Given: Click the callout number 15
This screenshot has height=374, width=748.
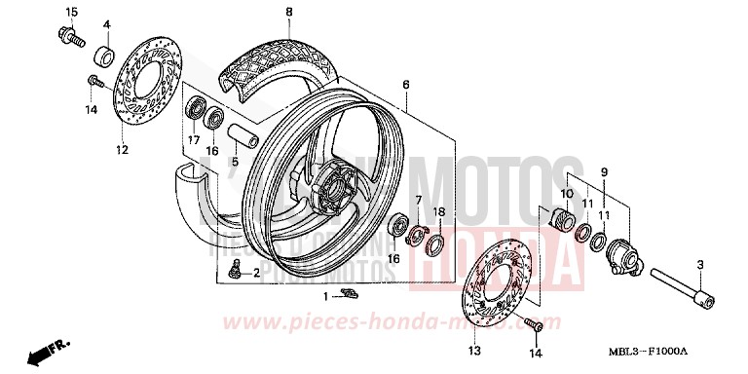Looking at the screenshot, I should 70,11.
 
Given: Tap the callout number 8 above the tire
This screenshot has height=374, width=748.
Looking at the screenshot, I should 288,12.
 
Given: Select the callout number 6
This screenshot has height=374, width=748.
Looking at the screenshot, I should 405,85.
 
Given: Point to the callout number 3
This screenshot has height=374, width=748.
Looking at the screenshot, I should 700,265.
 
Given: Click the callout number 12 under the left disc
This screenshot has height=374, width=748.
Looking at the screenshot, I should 122,149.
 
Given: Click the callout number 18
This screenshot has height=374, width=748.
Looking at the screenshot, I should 438,211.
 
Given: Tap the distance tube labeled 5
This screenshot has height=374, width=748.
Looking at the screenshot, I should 241,133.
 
